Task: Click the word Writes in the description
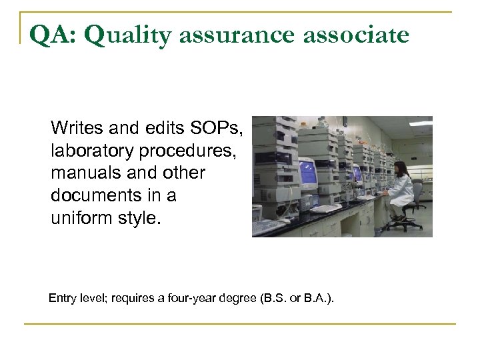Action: pyautogui.click(x=74, y=127)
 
